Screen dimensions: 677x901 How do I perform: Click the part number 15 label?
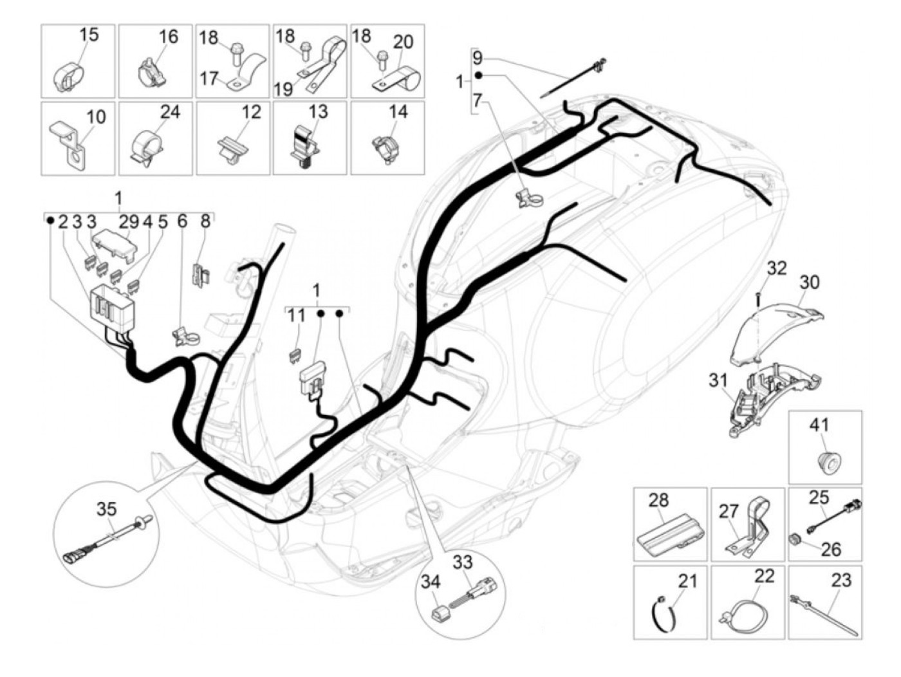tap(89, 35)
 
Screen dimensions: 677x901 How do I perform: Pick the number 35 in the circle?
tap(107, 509)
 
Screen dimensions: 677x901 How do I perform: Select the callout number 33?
tap(462, 562)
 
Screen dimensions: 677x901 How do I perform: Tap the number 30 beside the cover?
tap(810, 282)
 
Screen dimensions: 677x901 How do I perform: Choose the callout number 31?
tap(718, 381)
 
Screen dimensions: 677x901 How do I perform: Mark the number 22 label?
tap(764, 577)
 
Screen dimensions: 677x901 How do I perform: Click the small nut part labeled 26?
tap(795, 538)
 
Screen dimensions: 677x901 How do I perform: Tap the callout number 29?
tap(129, 222)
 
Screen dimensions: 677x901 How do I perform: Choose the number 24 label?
tap(170, 112)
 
